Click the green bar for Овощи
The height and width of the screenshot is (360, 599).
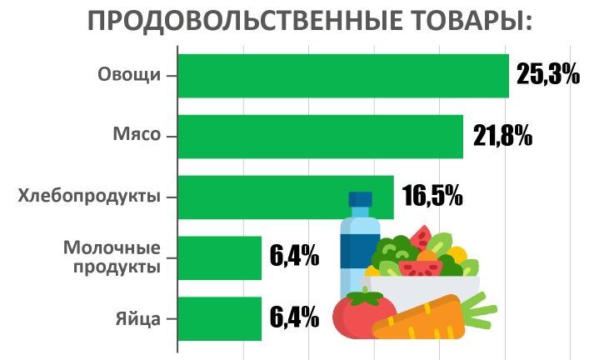[342, 76]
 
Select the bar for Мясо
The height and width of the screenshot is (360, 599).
[320, 136]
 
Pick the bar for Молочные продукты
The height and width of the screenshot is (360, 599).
[220, 257]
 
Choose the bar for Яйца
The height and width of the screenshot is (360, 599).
[220, 318]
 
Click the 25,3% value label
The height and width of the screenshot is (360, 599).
[547, 75]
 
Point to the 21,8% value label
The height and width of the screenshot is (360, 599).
[502, 136]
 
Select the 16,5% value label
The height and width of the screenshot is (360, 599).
[432, 197]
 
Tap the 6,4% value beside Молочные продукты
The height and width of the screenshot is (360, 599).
[294, 256]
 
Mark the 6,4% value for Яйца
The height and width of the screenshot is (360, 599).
[294, 317]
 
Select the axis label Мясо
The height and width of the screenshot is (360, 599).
[136, 136]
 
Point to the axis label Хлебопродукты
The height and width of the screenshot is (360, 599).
[89, 197]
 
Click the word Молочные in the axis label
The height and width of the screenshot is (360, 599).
[112, 248]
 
